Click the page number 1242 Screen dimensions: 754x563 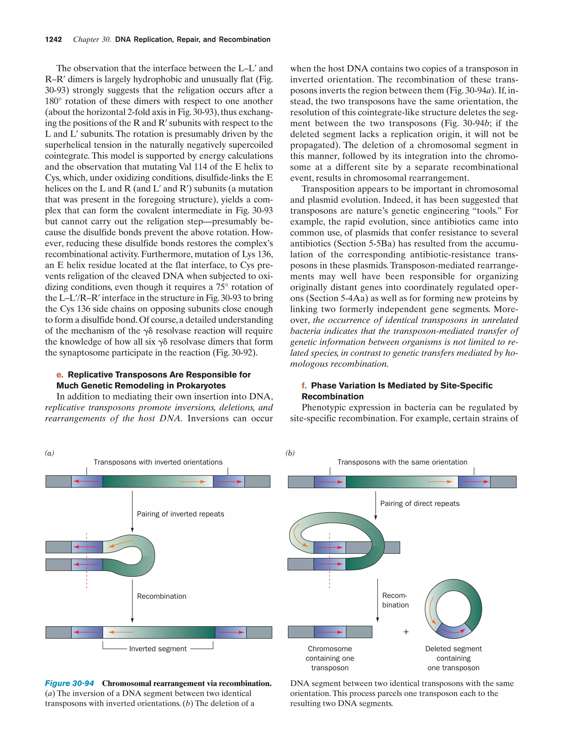click(x=54, y=40)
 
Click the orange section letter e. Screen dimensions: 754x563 click(x=60, y=375)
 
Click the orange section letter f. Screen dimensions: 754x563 click(x=304, y=385)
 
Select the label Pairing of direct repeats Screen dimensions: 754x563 click(x=419, y=503)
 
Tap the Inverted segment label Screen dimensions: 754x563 click(x=158, y=649)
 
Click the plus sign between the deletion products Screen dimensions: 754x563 click(x=406, y=632)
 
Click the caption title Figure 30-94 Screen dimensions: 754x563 click(x=70, y=683)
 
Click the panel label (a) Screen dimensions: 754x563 click(x=50, y=453)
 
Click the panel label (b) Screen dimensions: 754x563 click(x=290, y=453)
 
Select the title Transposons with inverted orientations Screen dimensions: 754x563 click(x=158, y=462)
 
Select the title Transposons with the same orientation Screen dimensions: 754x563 click(x=402, y=462)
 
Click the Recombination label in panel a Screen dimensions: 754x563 click(x=161, y=596)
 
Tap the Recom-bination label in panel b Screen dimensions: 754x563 click(x=395, y=600)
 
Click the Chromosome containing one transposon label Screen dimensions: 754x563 click(x=330, y=658)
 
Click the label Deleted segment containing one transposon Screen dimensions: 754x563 click(x=453, y=658)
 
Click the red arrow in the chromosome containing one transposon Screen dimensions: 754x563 click(x=330, y=632)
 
